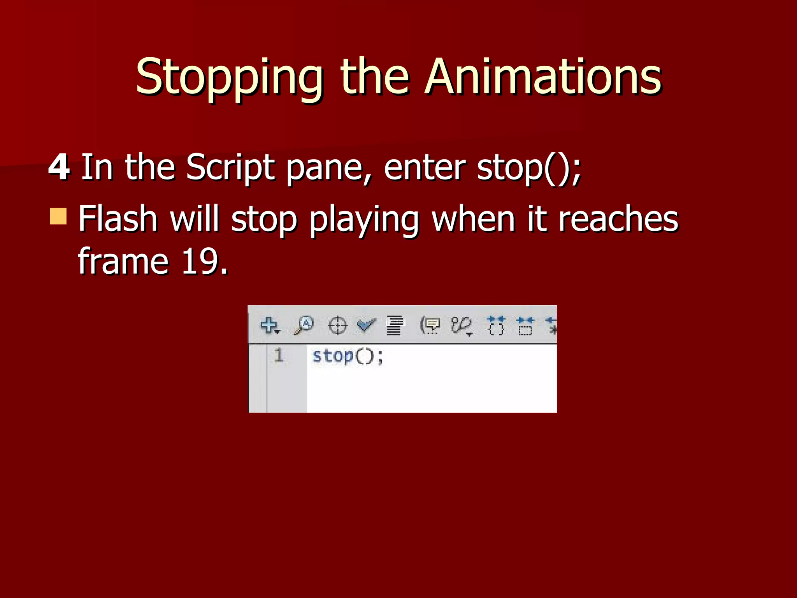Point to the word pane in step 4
pos(329,167)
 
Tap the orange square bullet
pos(58,216)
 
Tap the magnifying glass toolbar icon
pos(304,325)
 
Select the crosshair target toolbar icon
pos(337,325)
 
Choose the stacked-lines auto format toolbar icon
pos(395,325)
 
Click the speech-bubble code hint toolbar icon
pos(430,325)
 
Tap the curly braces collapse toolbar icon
pos(496,325)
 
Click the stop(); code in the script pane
pos(348,356)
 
